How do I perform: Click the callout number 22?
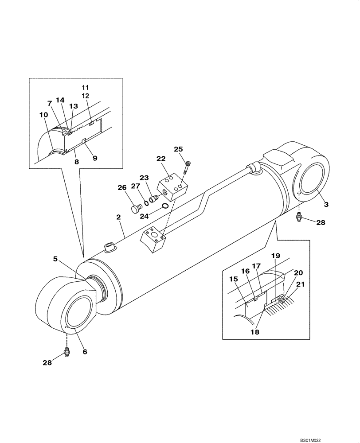[160, 159]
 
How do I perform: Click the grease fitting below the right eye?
[300, 217]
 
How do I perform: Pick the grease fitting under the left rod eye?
[67, 353]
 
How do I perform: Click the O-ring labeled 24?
[164, 206]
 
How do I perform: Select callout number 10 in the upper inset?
[44, 115]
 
